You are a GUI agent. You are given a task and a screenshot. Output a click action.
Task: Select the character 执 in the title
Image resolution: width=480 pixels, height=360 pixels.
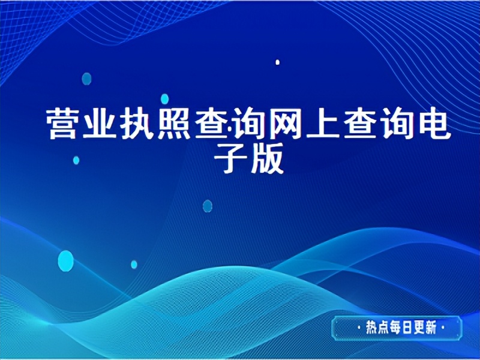coord(139,124)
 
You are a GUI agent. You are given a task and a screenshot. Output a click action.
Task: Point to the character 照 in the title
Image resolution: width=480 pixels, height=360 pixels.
coord(175,124)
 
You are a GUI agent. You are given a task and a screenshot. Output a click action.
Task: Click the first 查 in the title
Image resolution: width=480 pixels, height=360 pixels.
coord(212,124)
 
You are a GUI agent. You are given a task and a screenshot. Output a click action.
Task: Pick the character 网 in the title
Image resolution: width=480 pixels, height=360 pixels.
coord(285,124)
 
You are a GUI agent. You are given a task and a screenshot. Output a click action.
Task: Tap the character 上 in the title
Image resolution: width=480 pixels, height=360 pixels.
coord(322,124)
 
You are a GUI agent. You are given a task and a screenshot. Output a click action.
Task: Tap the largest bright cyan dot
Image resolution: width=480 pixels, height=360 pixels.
coord(65,260)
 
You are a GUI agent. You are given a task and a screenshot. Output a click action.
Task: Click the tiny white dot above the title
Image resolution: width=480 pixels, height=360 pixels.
coord(277,62)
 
